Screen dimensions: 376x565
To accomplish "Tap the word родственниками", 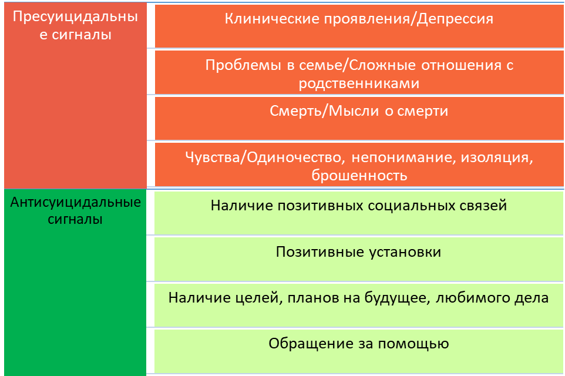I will pos(359,83).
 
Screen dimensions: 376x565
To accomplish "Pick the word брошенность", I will pos(359,175).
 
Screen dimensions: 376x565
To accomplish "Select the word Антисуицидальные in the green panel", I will pos(76,203).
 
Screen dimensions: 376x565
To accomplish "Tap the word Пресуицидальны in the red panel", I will pos(75,17).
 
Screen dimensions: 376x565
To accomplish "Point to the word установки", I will pos(404,252).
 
